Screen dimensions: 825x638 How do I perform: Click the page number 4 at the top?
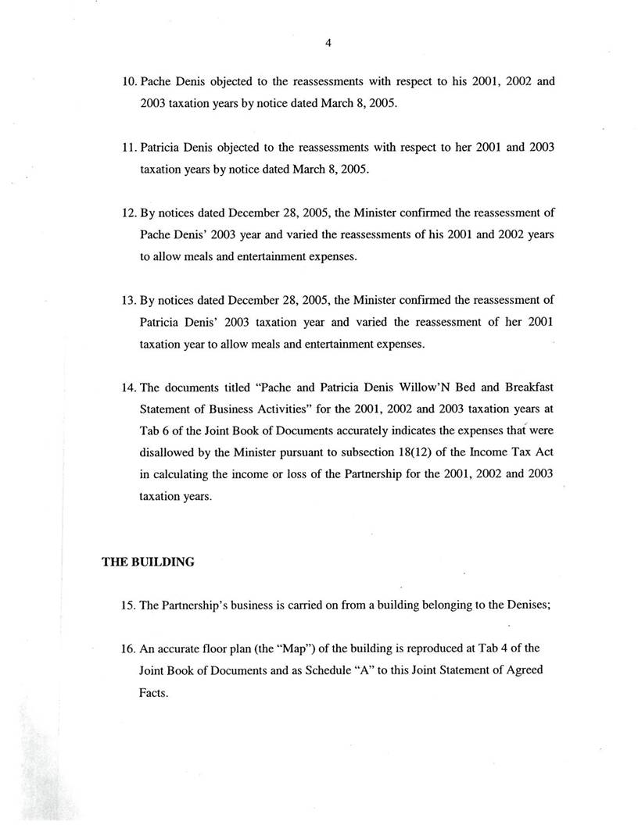[328, 44]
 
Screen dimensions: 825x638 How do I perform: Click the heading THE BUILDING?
[148, 561]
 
